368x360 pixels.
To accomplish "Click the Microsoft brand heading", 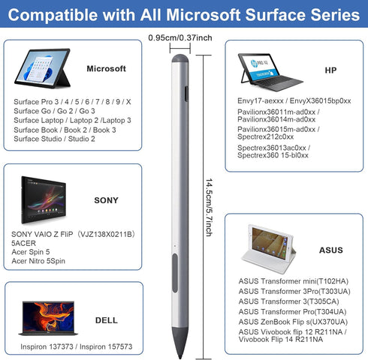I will pos(105,68).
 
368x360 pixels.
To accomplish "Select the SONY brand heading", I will pos(106,201).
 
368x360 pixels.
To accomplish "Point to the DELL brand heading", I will pos(106,320).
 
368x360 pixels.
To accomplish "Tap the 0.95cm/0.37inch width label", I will pos(181,36).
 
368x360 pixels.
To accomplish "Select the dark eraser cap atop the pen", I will pos(179,58).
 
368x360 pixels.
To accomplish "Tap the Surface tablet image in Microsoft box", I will pos(41,69).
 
